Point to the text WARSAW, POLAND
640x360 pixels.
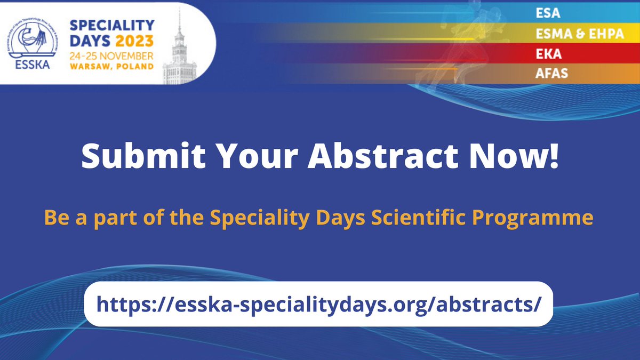(110, 67)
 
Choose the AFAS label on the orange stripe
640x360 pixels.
(551, 74)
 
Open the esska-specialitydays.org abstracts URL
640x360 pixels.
(318, 304)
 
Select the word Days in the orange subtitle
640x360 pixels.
(356, 218)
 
